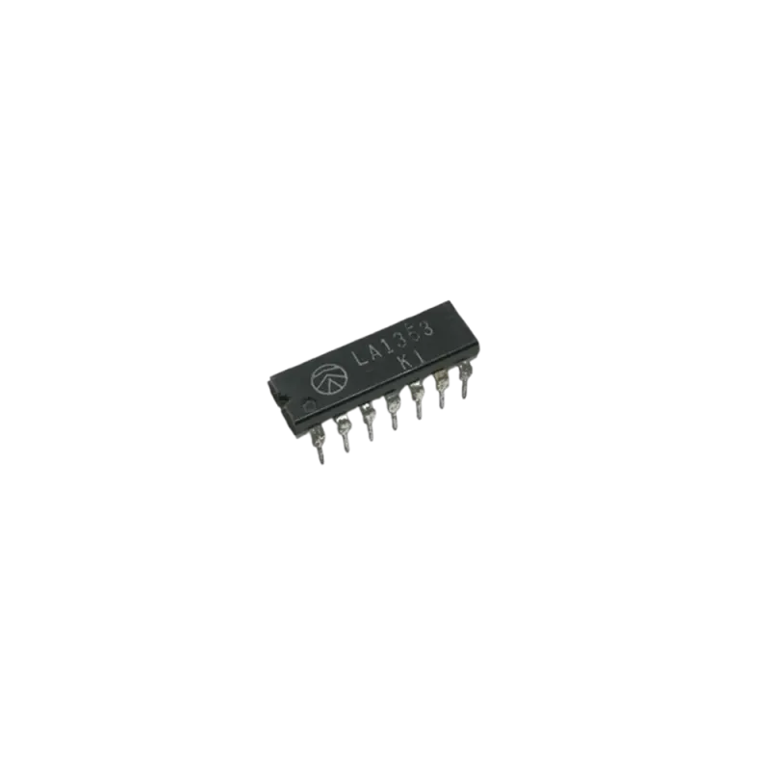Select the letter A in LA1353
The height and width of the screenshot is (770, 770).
click(375, 350)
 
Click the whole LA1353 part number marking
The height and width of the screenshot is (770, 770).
click(394, 343)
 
